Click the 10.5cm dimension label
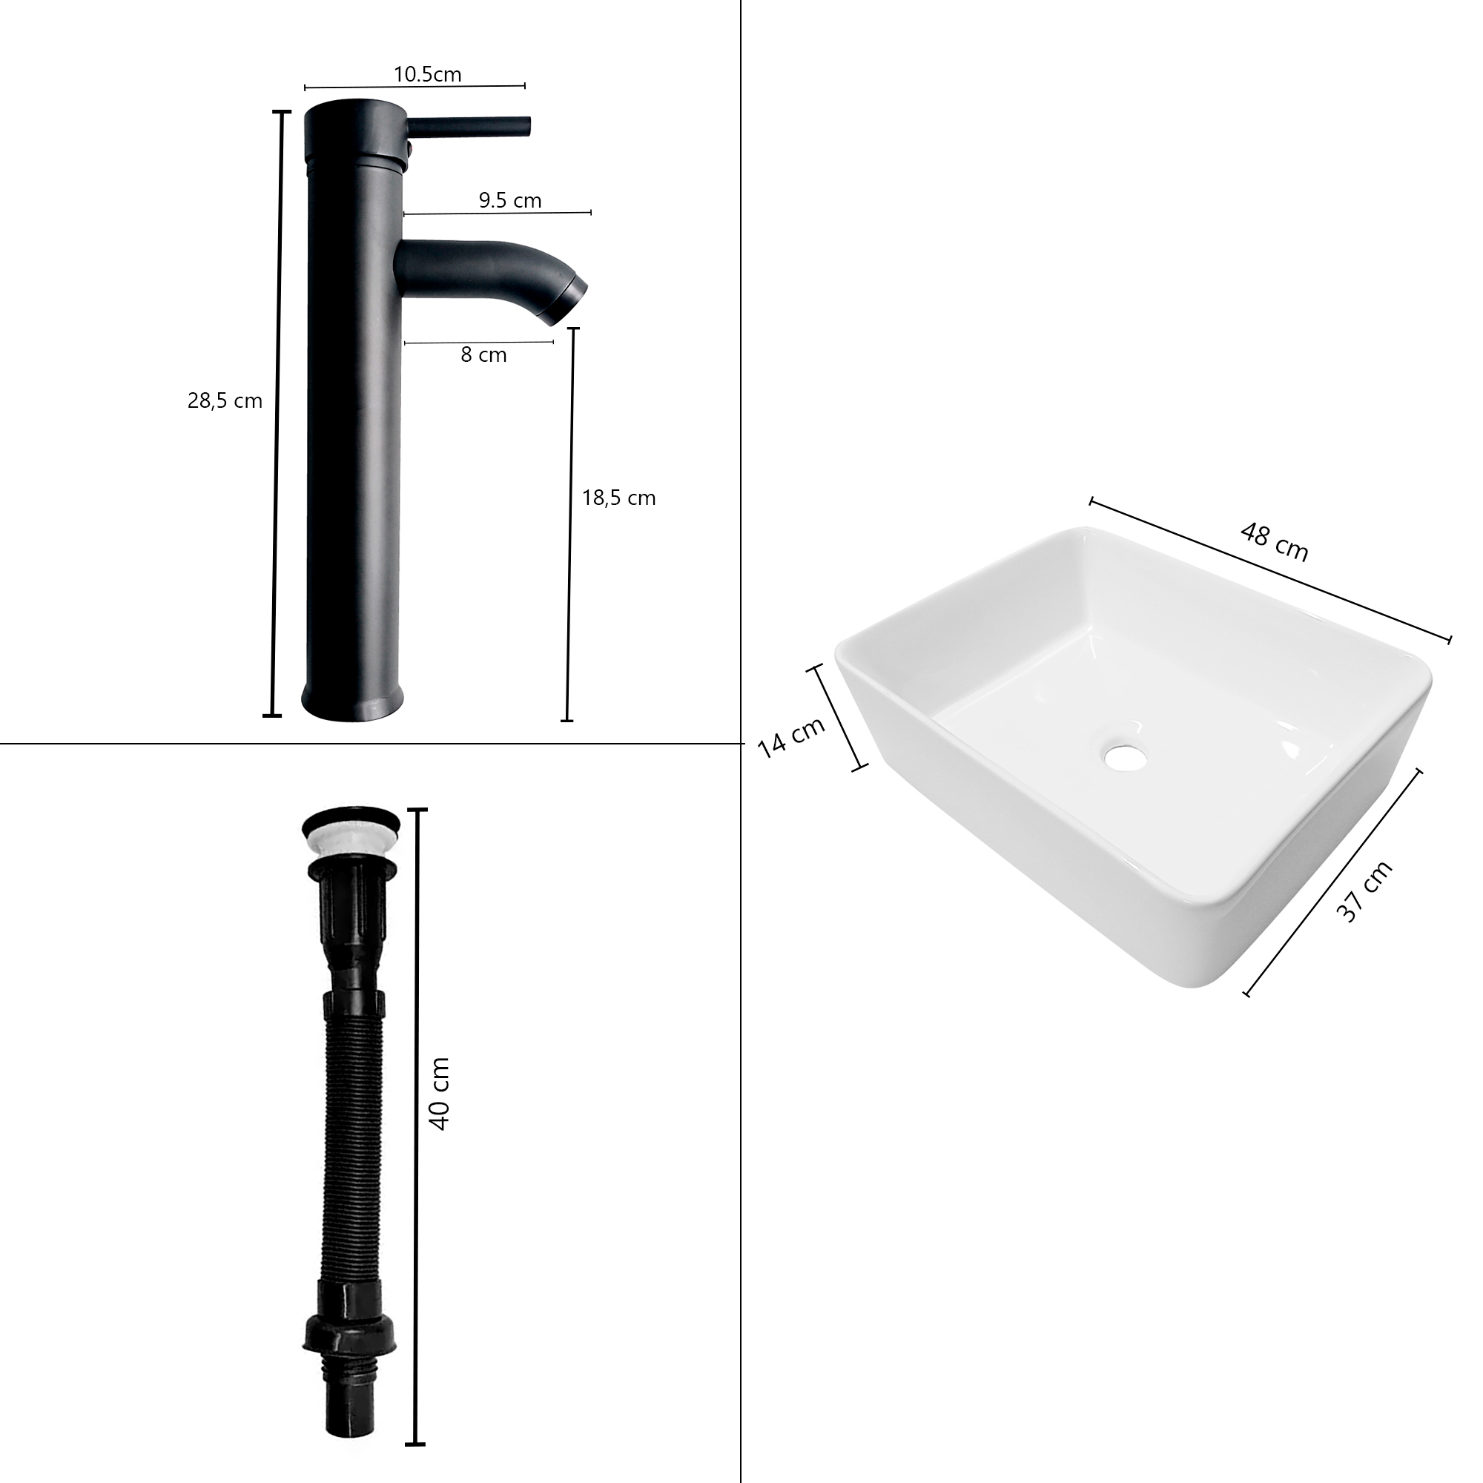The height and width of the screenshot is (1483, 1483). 428,74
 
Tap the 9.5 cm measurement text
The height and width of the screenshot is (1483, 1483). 510,200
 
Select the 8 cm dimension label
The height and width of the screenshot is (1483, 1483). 483,355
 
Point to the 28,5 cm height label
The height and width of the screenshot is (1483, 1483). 225,400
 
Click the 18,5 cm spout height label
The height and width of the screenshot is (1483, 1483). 618,498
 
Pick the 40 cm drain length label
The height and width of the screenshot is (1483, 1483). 439,1093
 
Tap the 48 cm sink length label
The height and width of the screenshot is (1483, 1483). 1274,541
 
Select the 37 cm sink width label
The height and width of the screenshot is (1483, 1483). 1364,891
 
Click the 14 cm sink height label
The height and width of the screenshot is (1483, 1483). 791,737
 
